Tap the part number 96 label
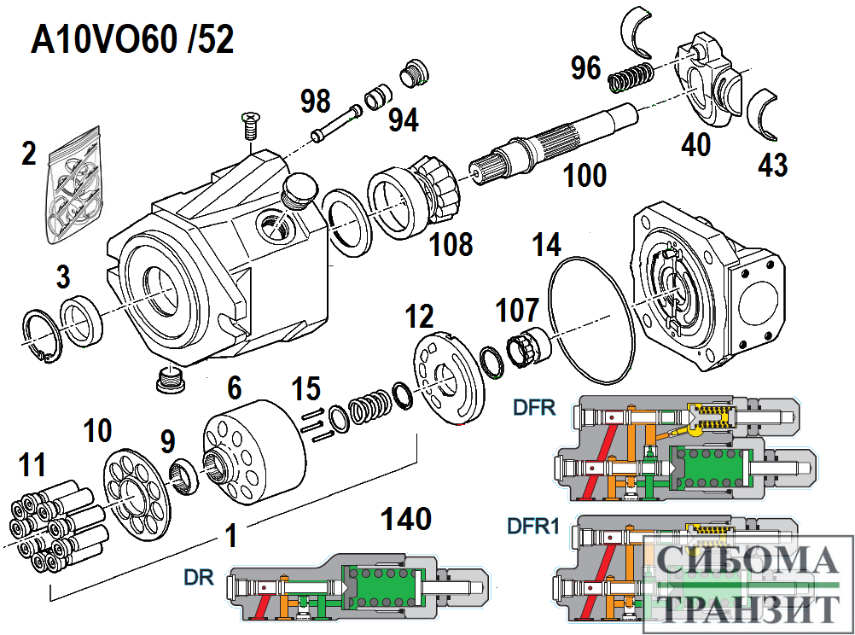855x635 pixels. pos(586,67)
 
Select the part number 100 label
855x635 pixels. pos(585,176)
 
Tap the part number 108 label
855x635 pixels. pos(451,244)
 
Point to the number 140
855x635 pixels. pos(406,518)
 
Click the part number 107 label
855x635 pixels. pos(518,310)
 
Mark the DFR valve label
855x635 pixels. pos(534,407)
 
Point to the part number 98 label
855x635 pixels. pos(315,102)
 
